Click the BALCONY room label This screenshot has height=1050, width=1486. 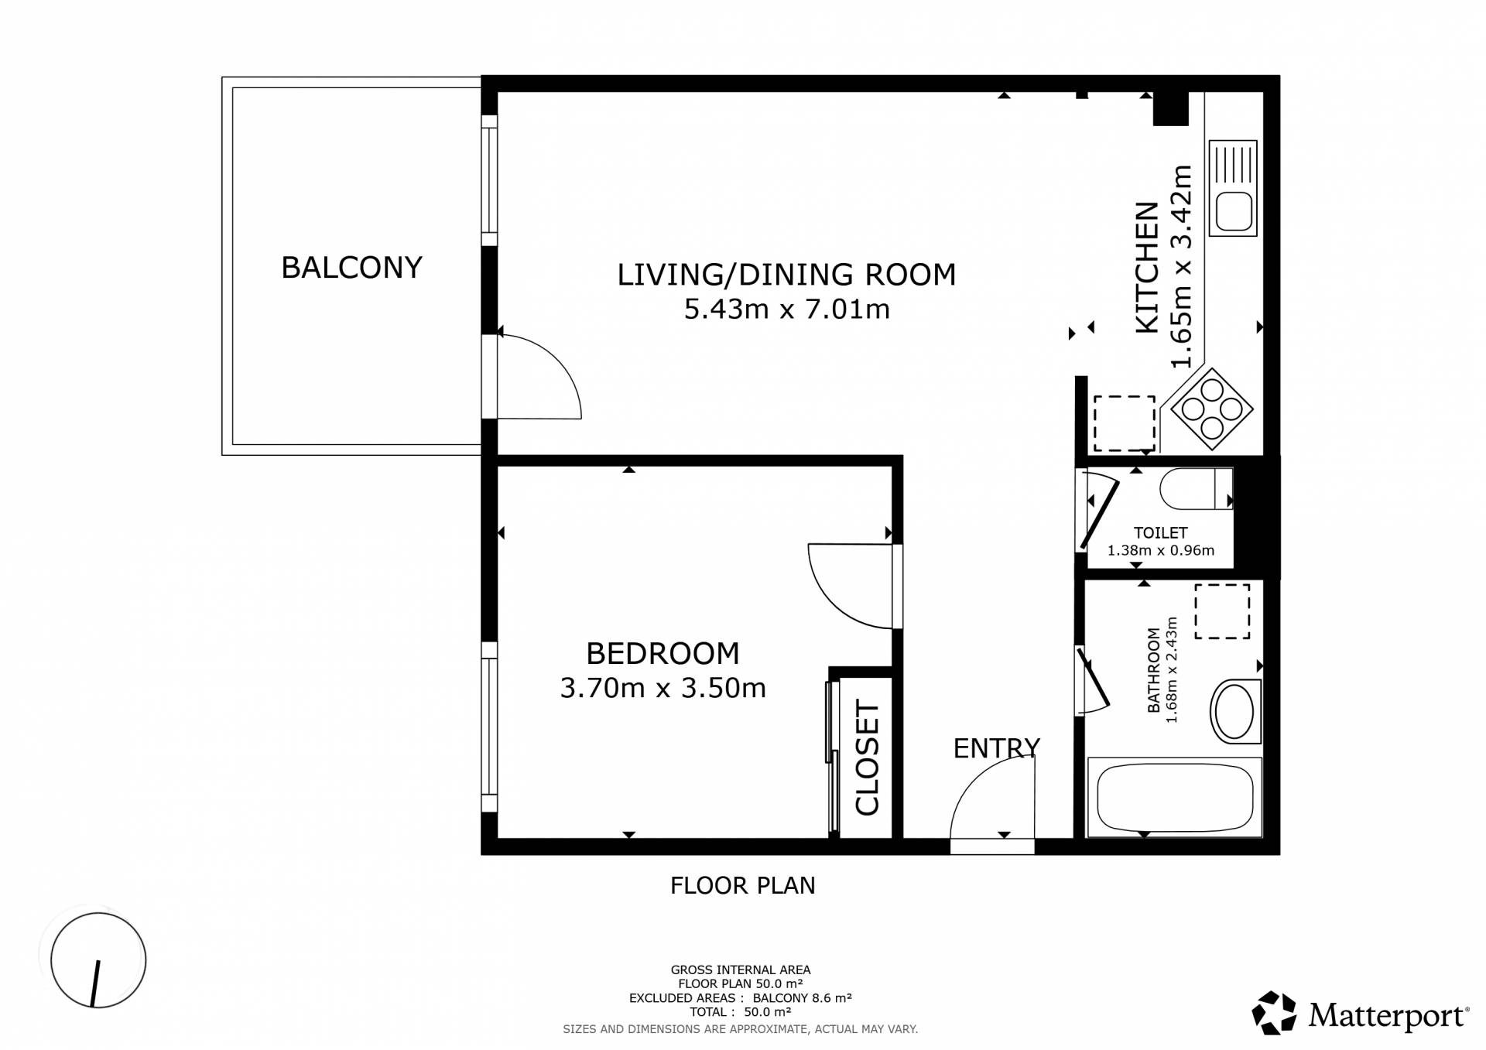[351, 268]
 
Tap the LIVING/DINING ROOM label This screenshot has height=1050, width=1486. [786, 275]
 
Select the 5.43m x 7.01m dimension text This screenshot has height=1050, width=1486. [786, 310]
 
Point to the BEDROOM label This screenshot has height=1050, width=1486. [663, 654]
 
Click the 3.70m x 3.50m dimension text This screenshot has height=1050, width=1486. [663, 688]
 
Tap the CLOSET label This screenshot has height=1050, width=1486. [868, 758]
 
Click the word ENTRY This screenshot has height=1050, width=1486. [996, 748]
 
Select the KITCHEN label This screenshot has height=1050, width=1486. [1148, 268]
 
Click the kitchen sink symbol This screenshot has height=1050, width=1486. [1233, 188]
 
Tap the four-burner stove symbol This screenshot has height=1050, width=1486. [1212, 409]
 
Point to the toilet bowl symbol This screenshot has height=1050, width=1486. [1196, 489]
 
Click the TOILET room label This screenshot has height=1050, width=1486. [1160, 532]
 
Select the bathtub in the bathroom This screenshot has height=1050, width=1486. [1175, 797]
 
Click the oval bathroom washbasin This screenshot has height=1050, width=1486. [1235, 711]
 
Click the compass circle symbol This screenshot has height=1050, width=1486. [98, 960]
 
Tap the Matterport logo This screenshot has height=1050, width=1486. [1360, 1013]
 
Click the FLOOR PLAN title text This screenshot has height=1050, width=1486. [743, 885]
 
